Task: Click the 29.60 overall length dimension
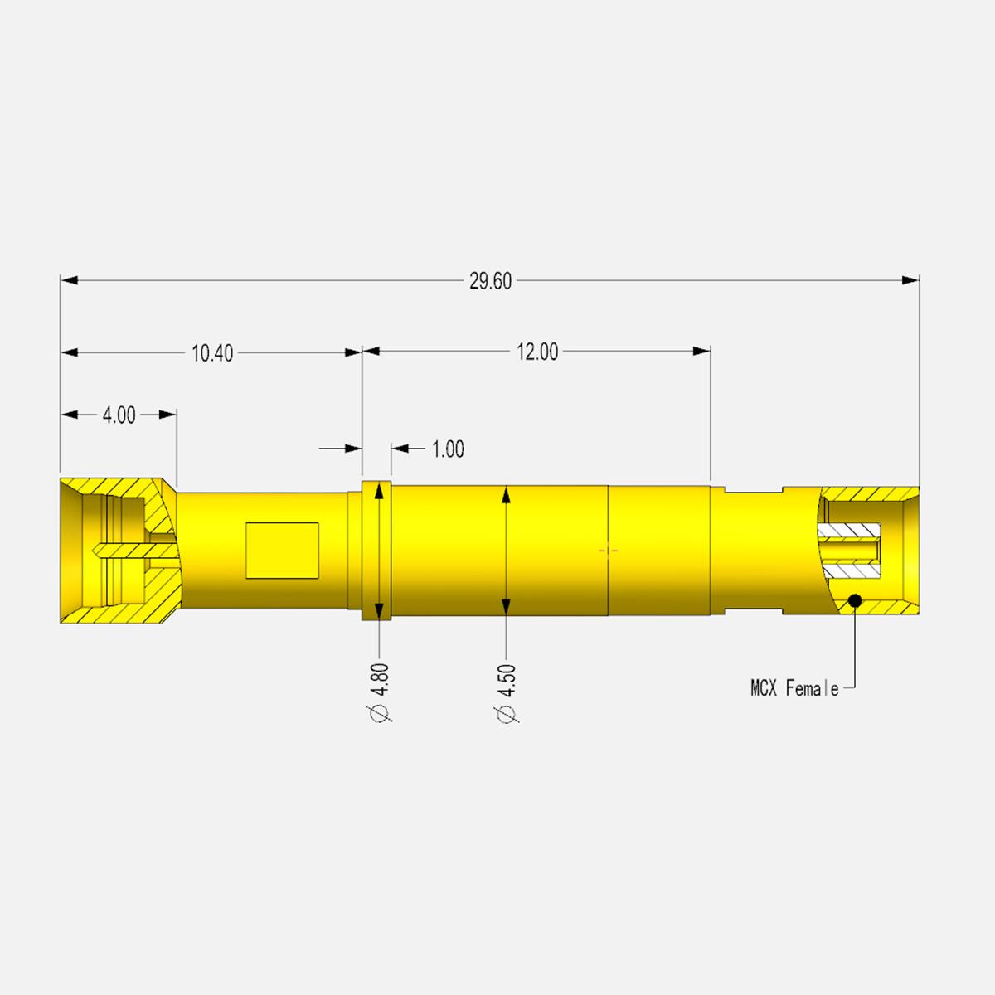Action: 490,281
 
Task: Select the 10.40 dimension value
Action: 212,353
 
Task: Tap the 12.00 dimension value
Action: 537,352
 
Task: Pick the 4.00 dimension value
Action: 119,415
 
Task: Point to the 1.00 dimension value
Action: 449,449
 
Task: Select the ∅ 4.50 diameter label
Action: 507,693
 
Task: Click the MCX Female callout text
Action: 794,688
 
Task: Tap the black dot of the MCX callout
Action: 855,600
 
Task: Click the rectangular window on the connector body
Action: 282,551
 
